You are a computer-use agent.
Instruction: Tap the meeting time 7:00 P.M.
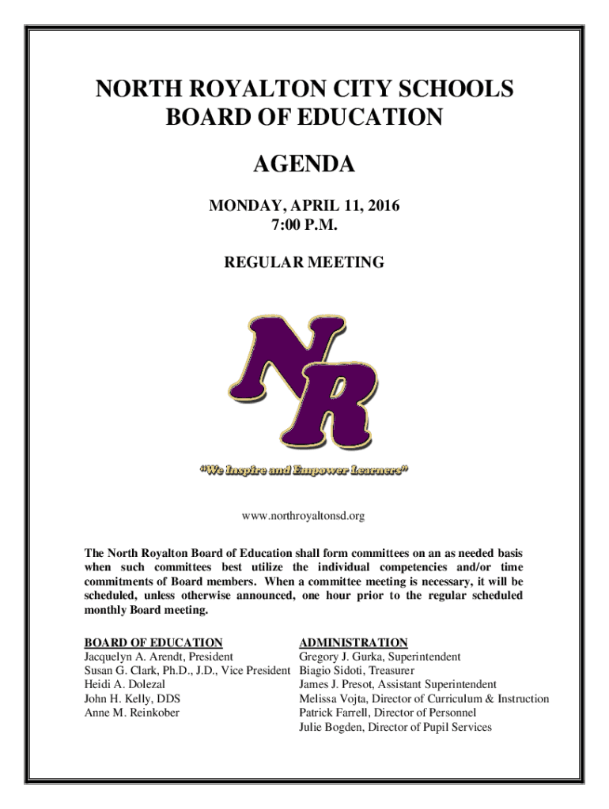(304, 227)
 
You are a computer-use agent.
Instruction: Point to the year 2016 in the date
(381, 208)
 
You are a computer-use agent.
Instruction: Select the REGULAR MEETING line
(304, 262)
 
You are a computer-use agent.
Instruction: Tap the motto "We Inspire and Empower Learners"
(304, 473)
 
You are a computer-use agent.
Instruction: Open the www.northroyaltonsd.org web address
(304, 516)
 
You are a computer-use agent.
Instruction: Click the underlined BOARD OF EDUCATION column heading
(153, 642)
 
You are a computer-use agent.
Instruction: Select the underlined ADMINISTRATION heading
(354, 642)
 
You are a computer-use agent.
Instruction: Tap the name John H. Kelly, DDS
(131, 698)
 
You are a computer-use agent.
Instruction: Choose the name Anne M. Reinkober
(132, 713)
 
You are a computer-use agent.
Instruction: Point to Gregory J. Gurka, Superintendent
(380, 657)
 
